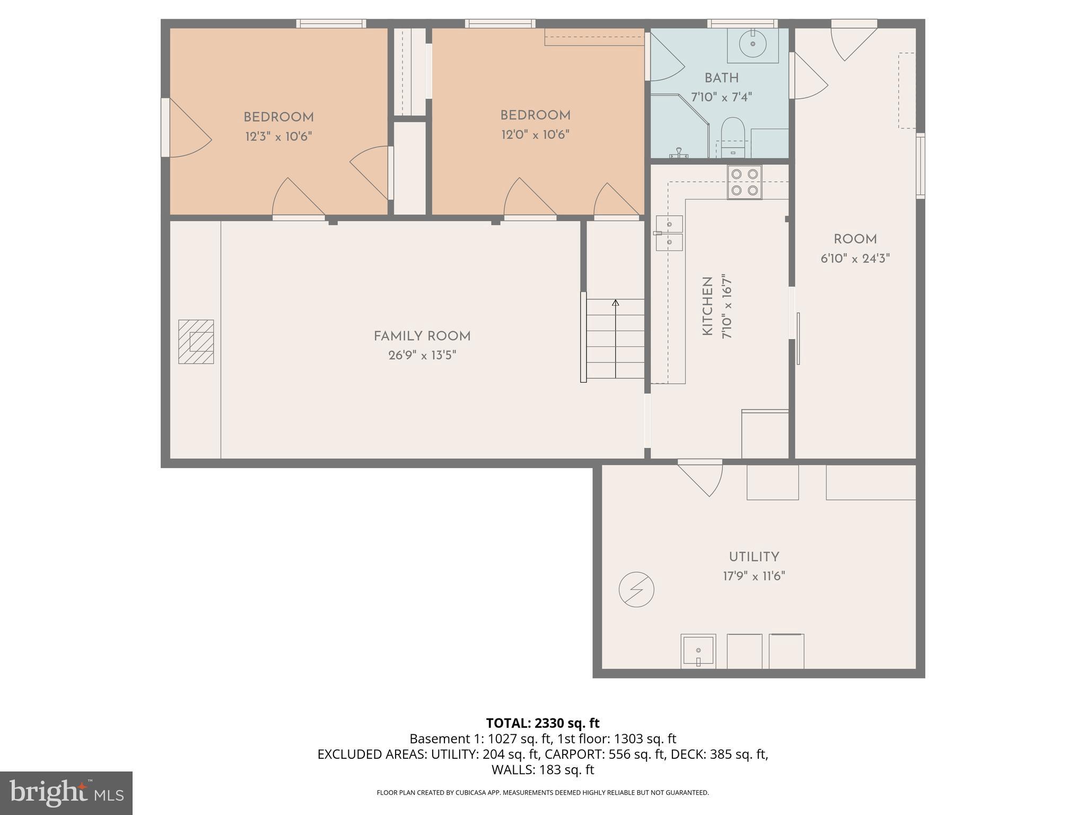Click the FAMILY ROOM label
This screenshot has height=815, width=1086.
pos(422,336)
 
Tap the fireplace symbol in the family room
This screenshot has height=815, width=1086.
pos(196,342)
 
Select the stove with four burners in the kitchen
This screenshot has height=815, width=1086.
pos(745,182)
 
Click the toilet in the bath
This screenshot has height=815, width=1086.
pos(733,136)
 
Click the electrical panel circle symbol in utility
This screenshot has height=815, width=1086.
pos(636,589)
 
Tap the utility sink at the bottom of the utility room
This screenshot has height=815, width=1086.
pos(698,651)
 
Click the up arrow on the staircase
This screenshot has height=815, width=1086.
pos(615,304)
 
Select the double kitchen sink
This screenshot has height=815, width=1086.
pos(669,233)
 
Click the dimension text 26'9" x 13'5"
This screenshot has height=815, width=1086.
pos(422,356)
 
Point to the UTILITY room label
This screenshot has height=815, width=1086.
pos(754,557)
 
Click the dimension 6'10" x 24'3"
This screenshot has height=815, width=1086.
pos(855,259)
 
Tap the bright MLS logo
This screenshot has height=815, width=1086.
pos(66,793)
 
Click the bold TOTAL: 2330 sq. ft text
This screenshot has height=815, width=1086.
pos(542,723)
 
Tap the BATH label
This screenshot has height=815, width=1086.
pos(721,78)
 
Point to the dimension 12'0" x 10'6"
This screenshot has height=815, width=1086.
pos(535,135)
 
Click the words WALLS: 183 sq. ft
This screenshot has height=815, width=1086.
pos(542,770)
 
